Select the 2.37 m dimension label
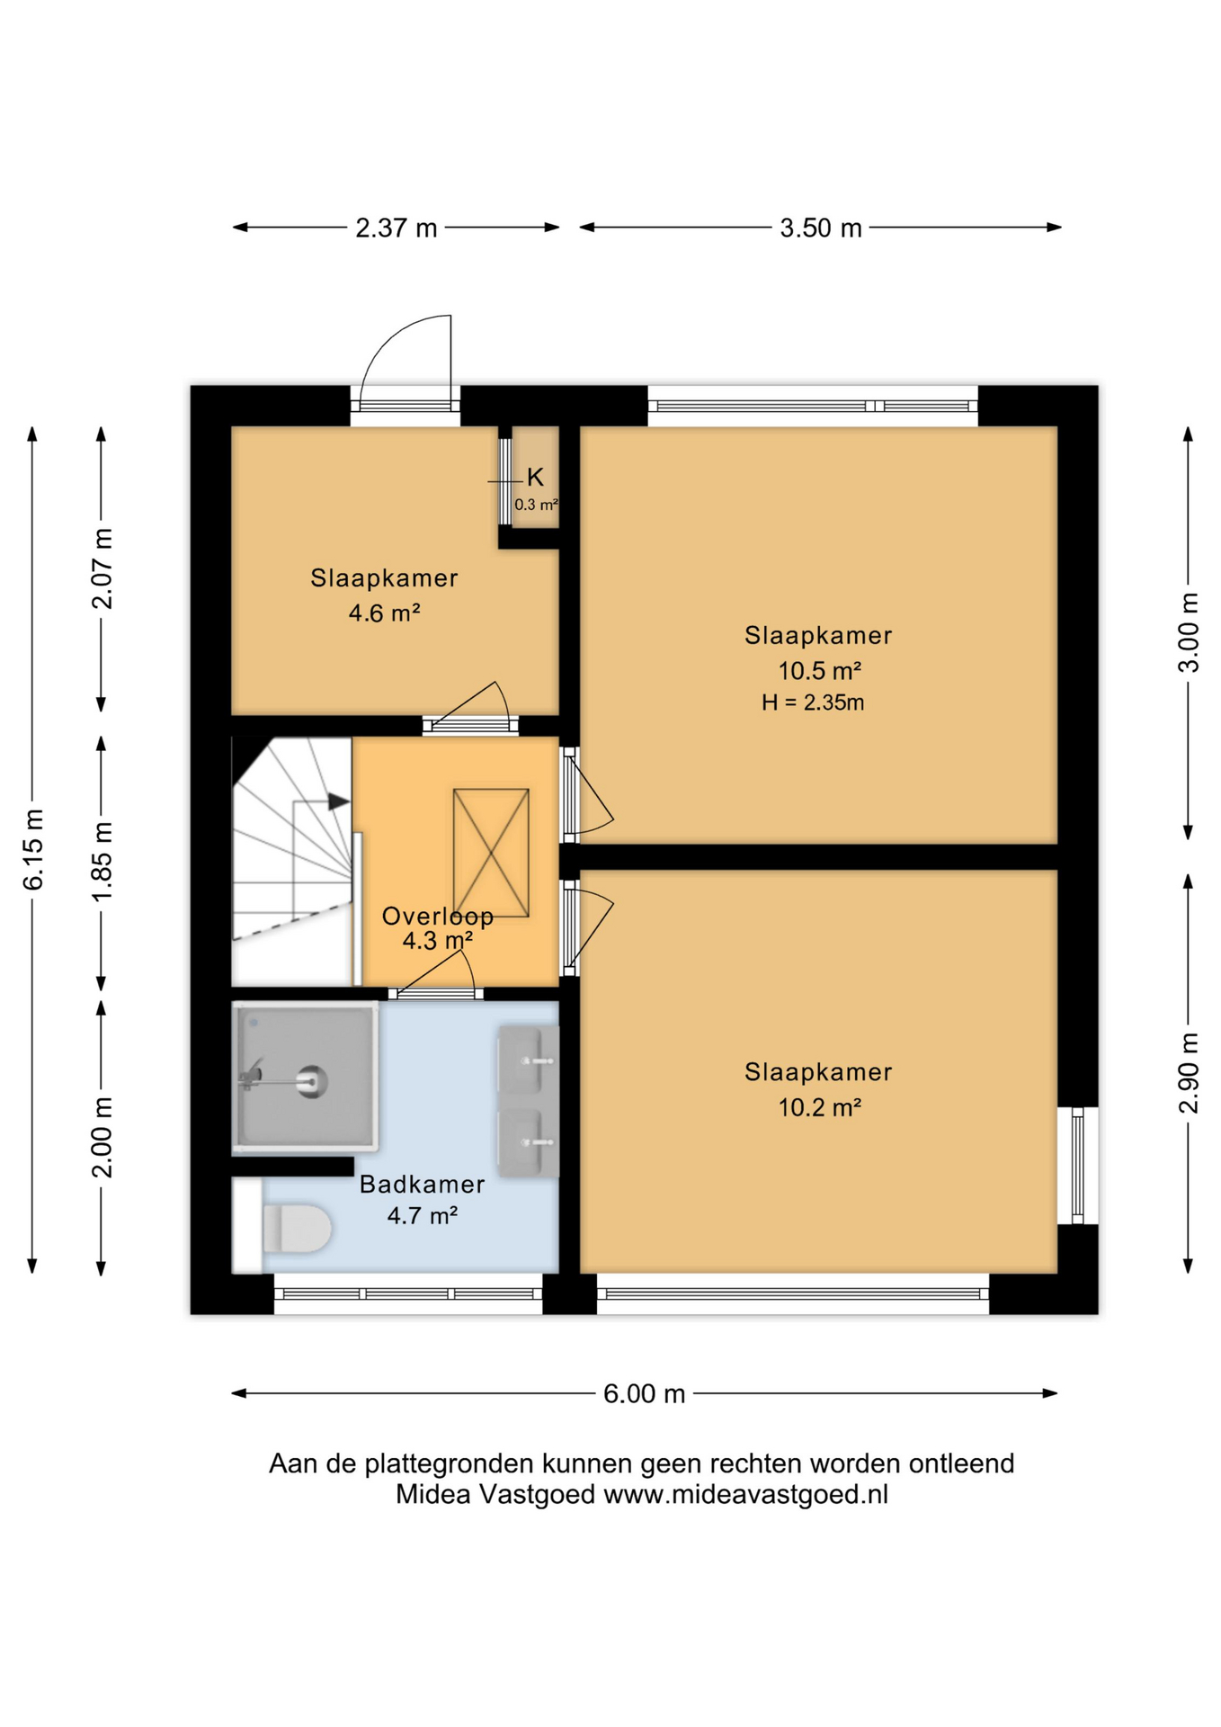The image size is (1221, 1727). (397, 228)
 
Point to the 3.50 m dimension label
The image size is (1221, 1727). (821, 228)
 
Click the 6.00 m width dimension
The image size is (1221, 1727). (644, 1393)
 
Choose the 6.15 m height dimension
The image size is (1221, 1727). (33, 849)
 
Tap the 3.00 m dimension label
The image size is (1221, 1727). (1189, 632)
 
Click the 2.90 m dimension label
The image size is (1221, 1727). (1189, 1073)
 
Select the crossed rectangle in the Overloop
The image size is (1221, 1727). (491, 853)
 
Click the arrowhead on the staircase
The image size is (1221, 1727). (339, 801)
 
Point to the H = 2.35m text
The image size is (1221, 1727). (813, 702)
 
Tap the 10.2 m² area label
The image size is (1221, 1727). (819, 1106)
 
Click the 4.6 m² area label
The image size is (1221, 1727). (384, 613)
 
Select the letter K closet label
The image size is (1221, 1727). (535, 477)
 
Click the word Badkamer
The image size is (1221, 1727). (422, 1184)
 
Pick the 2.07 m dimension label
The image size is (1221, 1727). (102, 568)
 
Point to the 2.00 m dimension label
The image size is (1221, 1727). (102, 1137)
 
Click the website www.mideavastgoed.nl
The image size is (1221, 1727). (745, 1494)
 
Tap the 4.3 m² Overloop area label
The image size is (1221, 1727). (437, 941)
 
